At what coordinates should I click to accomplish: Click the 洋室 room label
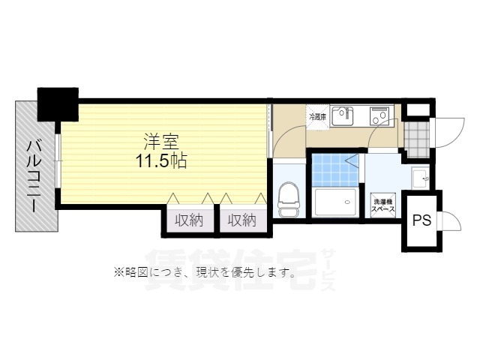point(160,141)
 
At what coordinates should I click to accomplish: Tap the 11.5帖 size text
point(161,160)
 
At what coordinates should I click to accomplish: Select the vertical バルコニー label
point(34,176)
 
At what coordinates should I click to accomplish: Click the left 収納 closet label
point(190,220)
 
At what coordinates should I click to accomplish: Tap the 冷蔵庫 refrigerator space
point(316,117)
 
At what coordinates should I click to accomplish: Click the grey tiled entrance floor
point(415,134)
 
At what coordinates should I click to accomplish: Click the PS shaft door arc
point(448,222)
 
